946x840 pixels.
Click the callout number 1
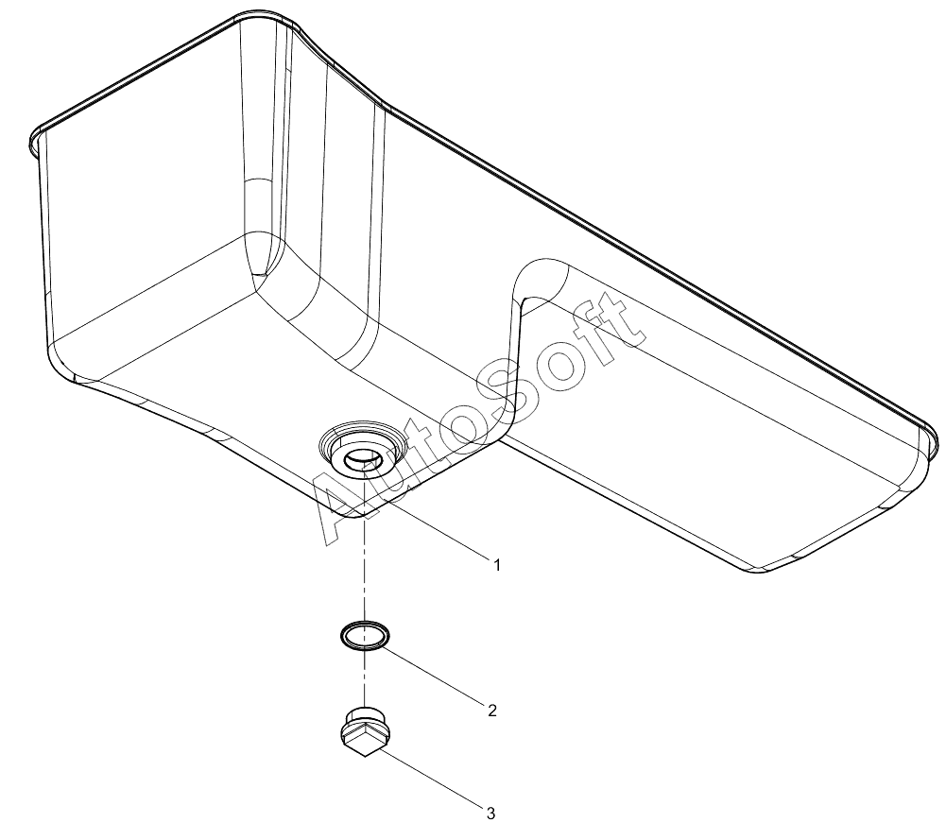(x=497, y=565)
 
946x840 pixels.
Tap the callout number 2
(x=492, y=711)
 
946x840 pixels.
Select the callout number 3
(x=490, y=814)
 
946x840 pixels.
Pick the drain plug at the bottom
(x=365, y=729)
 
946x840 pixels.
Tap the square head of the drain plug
(x=365, y=741)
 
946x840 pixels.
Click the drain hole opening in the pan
(x=361, y=458)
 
